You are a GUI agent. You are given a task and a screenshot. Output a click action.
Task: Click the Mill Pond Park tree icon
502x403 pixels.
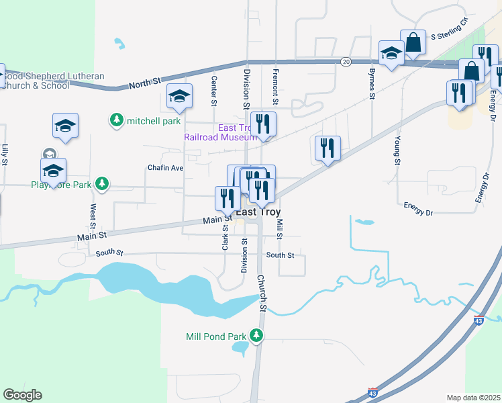pyautogui.click(x=256, y=334)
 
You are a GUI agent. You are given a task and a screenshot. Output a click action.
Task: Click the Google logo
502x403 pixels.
pyautogui.click(x=22, y=395)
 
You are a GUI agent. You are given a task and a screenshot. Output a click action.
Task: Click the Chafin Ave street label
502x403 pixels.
pyautogui.click(x=165, y=167)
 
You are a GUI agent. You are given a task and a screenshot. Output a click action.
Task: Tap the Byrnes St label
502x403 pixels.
pyautogui.click(x=371, y=83)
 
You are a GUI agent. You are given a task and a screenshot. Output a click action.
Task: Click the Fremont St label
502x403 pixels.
pyautogui.click(x=275, y=85)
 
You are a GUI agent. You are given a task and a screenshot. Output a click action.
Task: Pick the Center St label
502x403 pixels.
pyautogui.click(x=214, y=90)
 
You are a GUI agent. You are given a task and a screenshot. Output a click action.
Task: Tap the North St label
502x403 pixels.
pyautogui.click(x=146, y=81)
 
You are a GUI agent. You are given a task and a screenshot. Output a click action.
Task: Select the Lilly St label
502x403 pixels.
pyautogui.click(x=5, y=154)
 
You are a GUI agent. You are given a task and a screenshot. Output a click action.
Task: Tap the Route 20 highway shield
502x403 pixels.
pyautogui.click(x=346, y=61)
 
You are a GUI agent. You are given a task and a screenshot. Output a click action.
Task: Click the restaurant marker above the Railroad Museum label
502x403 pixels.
pyautogui.click(x=264, y=124)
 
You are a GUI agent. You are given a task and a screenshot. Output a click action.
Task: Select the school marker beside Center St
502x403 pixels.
pyautogui.click(x=180, y=96)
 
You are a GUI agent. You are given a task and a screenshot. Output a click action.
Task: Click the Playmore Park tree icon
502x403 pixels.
pyautogui.click(x=102, y=183)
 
